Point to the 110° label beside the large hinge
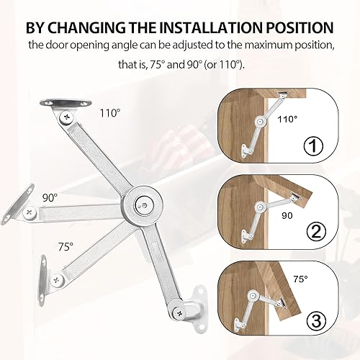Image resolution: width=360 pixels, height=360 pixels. click(x=110, y=113)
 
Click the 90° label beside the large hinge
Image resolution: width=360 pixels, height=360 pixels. click(x=50, y=198)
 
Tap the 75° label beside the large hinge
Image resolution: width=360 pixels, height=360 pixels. click(x=66, y=247)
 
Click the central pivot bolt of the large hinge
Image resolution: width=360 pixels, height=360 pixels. click(x=144, y=205)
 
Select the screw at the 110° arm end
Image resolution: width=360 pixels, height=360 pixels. click(x=66, y=117)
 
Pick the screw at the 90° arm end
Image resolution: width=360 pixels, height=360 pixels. click(x=30, y=212)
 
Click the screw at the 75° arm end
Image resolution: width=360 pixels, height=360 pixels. click(x=57, y=280)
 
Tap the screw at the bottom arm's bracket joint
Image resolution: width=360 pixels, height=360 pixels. click(x=179, y=313)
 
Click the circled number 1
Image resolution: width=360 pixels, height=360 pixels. click(x=313, y=145)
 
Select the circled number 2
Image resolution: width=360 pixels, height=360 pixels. click(x=317, y=231)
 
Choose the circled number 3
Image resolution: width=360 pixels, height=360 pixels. click(x=316, y=320)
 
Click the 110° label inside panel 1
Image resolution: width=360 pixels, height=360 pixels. click(x=287, y=120)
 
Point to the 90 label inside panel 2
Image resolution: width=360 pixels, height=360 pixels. click(x=287, y=216)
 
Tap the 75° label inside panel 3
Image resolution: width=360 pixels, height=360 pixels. click(x=300, y=279)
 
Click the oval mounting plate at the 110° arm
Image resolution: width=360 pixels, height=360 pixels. click(x=66, y=103)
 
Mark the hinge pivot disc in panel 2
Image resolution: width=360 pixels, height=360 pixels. click(x=259, y=206)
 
